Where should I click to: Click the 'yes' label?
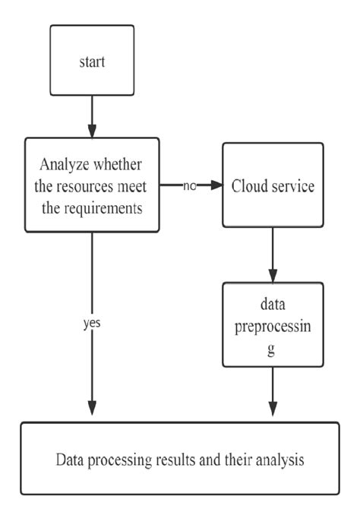(92, 322)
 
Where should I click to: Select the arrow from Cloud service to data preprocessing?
(272, 254)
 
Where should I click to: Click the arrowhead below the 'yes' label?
(92, 409)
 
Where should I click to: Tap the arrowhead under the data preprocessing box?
(272, 409)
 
